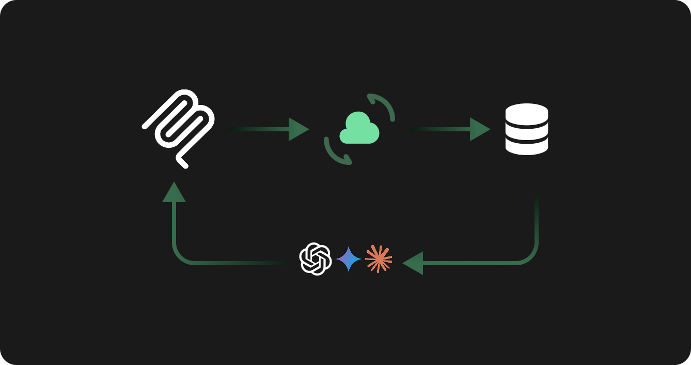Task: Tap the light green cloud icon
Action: (359, 129)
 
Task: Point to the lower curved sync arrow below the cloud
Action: (335, 154)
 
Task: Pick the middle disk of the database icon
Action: (526, 130)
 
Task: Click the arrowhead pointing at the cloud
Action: (298, 129)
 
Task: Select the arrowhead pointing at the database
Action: (479, 129)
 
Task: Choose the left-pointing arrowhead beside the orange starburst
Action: (413, 263)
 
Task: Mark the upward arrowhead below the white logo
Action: (174, 193)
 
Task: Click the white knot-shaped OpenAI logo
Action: (315, 258)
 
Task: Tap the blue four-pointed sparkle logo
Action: (349, 258)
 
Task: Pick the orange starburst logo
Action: (379, 258)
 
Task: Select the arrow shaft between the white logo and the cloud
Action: (258, 129)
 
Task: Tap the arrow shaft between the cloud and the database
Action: (439, 129)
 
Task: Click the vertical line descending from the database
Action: (537, 222)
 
